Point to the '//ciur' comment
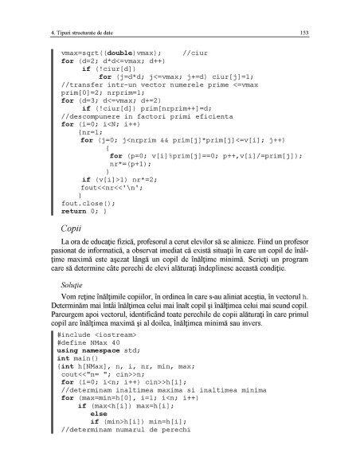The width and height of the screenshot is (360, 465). click(195, 53)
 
